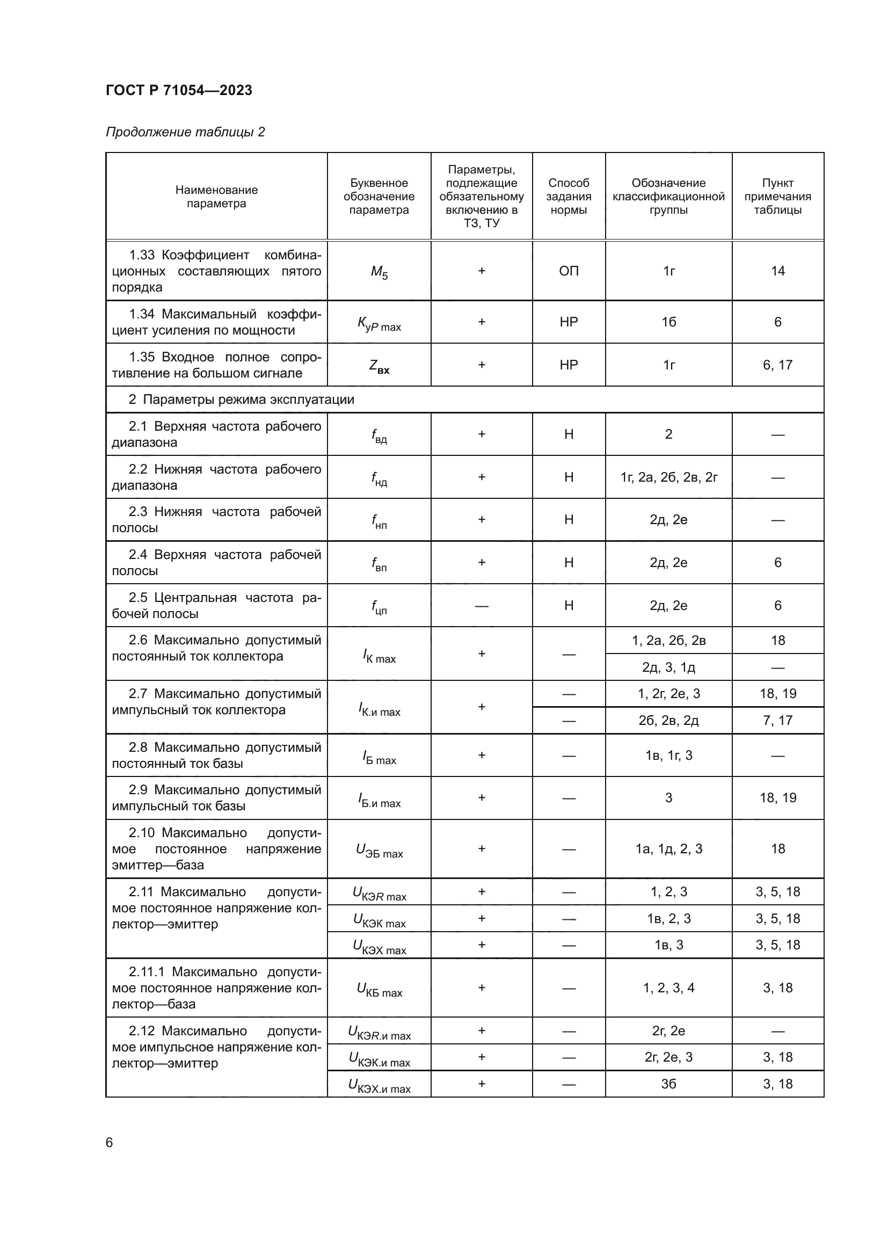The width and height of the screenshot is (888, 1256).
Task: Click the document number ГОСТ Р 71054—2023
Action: click(x=179, y=90)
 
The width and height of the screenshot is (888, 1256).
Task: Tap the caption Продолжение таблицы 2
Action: click(x=185, y=132)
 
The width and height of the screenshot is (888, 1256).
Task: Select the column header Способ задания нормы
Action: click(x=569, y=197)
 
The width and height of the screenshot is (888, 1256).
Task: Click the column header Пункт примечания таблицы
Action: click(x=777, y=197)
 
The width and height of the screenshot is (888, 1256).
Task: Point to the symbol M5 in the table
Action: click(x=379, y=272)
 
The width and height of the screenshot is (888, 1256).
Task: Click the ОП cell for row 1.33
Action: click(x=569, y=271)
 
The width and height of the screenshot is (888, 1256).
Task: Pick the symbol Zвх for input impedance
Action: click(x=379, y=366)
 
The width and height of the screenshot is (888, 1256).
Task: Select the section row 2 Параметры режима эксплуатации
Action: click(x=241, y=400)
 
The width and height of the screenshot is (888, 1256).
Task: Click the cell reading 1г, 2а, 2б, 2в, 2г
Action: click(x=669, y=477)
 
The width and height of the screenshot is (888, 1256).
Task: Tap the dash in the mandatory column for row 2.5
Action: click(x=481, y=606)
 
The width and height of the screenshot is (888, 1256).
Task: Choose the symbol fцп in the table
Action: click(x=379, y=607)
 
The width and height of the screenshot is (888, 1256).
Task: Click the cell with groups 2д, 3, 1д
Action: click(x=669, y=667)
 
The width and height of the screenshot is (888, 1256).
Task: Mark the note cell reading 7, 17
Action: click(x=777, y=721)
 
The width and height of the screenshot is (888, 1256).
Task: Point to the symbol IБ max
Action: click(x=379, y=757)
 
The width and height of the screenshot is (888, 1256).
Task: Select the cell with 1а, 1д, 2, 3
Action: click(x=669, y=848)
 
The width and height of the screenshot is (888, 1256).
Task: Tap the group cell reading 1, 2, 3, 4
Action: click(x=669, y=988)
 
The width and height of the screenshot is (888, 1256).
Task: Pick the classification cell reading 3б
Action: click(x=669, y=1084)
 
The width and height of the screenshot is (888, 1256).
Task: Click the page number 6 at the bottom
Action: click(x=110, y=1142)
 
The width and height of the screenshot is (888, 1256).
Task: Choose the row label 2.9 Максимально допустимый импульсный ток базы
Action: click(x=216, y=797)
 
